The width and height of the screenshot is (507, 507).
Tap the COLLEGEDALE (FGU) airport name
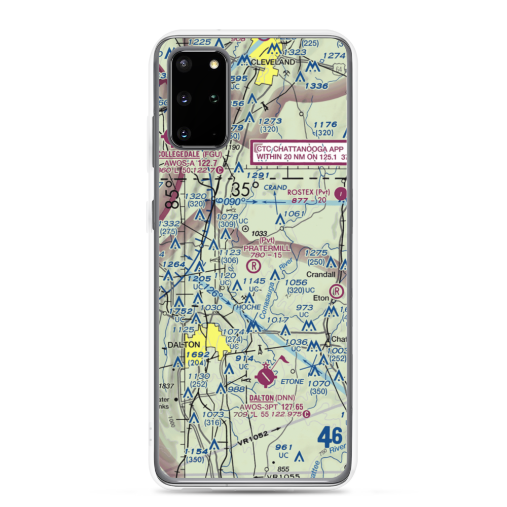tap(188, 154)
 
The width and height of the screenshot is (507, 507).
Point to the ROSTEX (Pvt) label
tap(308, 192)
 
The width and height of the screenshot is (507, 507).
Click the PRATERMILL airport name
tap(267, 248)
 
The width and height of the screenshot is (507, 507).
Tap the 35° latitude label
tap(242, 190)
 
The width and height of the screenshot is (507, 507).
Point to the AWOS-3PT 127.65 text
tap(275, 406)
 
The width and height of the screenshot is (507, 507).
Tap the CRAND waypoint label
tap(275, 187)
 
